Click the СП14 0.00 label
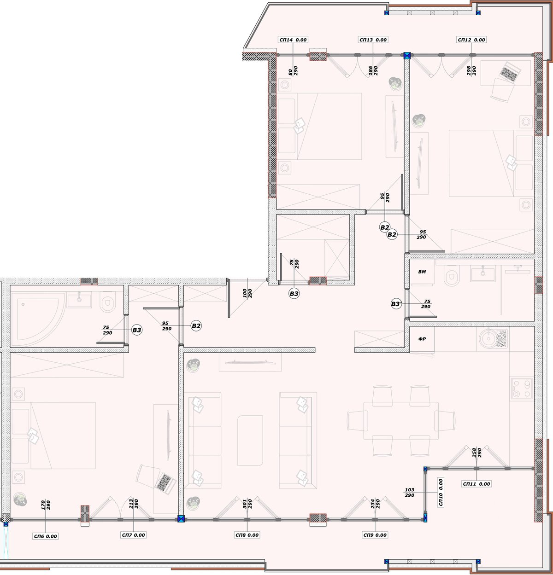click(x=293, y=40)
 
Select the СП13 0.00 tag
click(x=373, y=40)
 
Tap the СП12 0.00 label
click(x=471, y=40)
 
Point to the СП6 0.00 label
click(x=46, y=536)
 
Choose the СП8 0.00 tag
click(x=247, y=535)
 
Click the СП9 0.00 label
click(x=375, y=535)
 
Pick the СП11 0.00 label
click(x=477, y=484)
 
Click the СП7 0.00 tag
click(x=133, y=535)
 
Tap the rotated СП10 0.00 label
click(x=441, y=492)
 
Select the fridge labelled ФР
click(x=422, y=339)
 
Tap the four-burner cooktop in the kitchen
click(x=522, y=388)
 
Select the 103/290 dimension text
click(x=410, y=493)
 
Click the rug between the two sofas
click(x=250, y=441)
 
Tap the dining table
click(x=401, y=421)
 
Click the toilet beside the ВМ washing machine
click(x=452, y=276)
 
